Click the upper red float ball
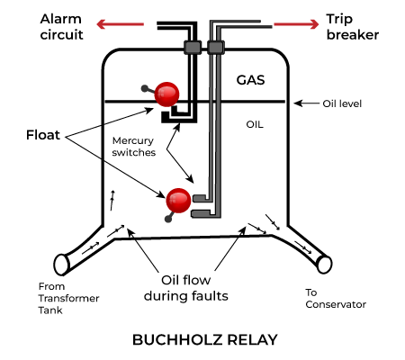(166, 94)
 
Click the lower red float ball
(178, 201)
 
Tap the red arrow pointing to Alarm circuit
(121, 24)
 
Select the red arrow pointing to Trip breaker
(296, 24)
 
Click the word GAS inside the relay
(250, 80)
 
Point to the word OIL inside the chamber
(255, 124)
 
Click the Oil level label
(342, 103)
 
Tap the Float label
(43, 135)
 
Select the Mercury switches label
(134, 147)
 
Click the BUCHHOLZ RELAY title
(205, 339)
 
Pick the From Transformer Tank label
(68, 298)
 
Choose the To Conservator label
(336, 299)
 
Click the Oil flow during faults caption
(186, 288)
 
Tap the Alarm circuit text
(61, 27)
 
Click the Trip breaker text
(353, 27)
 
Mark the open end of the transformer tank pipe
(62, 265)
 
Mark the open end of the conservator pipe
(325, 265)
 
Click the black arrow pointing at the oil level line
(307, 103)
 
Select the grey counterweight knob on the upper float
(145, 88)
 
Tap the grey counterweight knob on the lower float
(168, 219)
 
